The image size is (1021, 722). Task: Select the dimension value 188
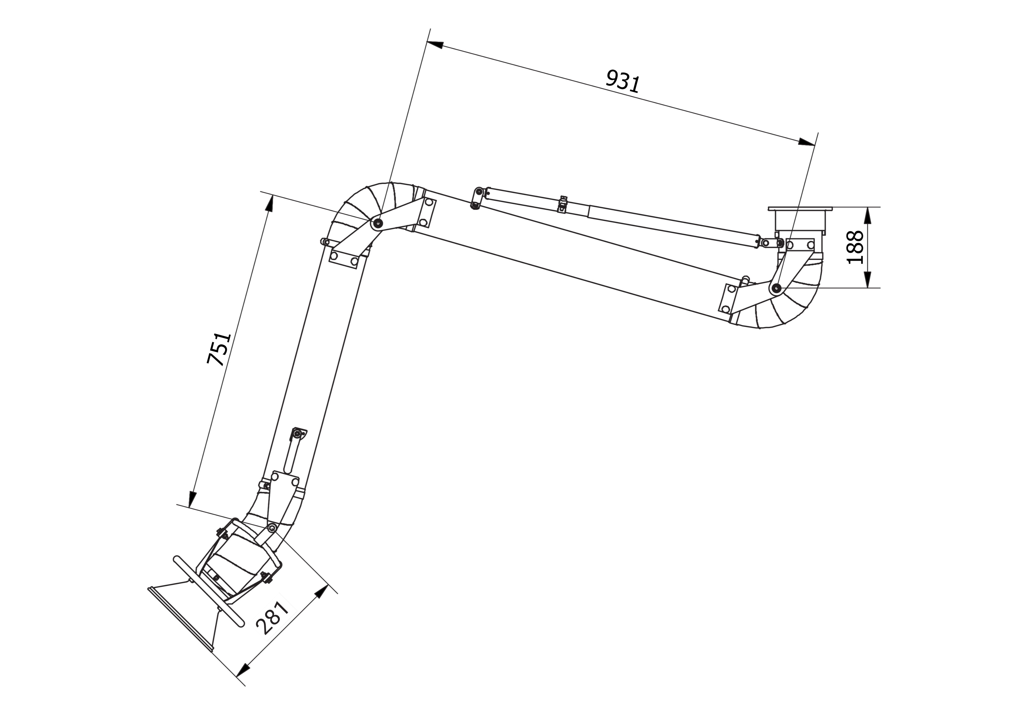(x=855, y=247)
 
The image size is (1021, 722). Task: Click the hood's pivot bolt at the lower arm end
(x=272, y=528)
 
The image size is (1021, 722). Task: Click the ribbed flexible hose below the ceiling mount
(x=796, y=303)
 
